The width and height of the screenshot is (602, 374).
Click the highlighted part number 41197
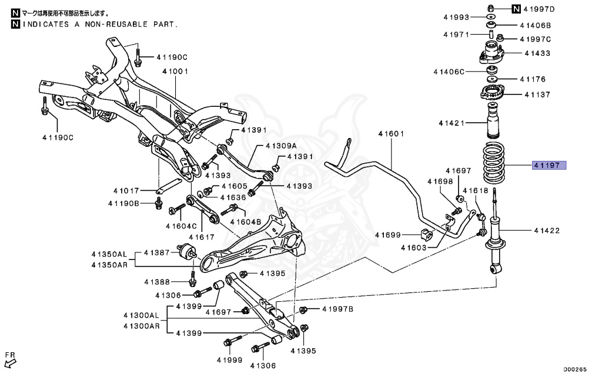(x=549, y=166)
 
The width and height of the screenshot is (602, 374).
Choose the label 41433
(x=537, y=53)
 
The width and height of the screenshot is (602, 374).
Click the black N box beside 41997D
(x=516, y=9)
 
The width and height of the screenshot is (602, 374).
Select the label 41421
(x=451, y=123)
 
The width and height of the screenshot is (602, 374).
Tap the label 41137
(x=537, y=95)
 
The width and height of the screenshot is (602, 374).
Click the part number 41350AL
(x=109, y=255)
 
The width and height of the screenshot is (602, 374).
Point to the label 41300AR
(x=141, y=326)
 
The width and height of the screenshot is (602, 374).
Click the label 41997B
(x=337, y=309)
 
